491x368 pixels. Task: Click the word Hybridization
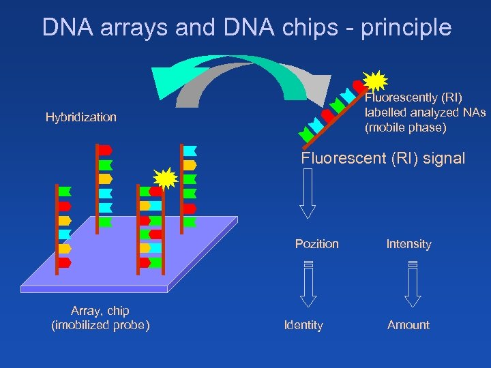pyautogui.click(x=81, y=117)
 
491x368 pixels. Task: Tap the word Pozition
pyautogui.click(x=316, y=244)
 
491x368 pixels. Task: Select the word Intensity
pyautogui.click(x=408, y=244)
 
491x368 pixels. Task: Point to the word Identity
pyautogui.click(x=303, y=325)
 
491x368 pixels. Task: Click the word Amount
pyautogui.click(x=408, y=325)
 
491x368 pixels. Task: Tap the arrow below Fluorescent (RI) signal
pyautogui.click(x=308, y=193)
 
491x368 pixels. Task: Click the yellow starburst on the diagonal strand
pyautogui.click(x=376, y=80)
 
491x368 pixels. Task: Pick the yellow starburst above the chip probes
pyautogui.click(x=166, y=179)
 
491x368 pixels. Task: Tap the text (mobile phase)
pyautogui.click(x=406, y=127)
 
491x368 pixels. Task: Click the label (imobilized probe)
pyautogui.click(x=100, y=325)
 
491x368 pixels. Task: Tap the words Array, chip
pyautogui.click(x=100, y=311)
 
